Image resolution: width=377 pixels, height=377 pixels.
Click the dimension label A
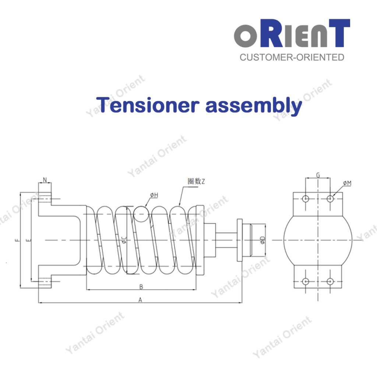(140, 300)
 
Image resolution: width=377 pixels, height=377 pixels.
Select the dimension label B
(141, 286)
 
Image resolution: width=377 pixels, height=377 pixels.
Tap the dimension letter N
(45, 180)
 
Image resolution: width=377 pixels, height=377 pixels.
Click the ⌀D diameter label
(262, 240)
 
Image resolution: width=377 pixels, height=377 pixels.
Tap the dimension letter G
(318, 175)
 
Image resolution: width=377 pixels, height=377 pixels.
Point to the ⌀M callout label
(347, 183)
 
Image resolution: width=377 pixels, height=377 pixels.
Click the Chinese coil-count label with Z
(195, 181)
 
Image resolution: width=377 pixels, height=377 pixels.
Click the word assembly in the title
(254, 105)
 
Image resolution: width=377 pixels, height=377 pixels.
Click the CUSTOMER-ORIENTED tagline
(292, 57)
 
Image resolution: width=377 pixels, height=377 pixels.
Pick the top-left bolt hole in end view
(305, 199)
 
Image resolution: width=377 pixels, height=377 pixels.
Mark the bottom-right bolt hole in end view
(330, 281)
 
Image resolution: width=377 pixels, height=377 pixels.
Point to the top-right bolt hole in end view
(330, 199)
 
